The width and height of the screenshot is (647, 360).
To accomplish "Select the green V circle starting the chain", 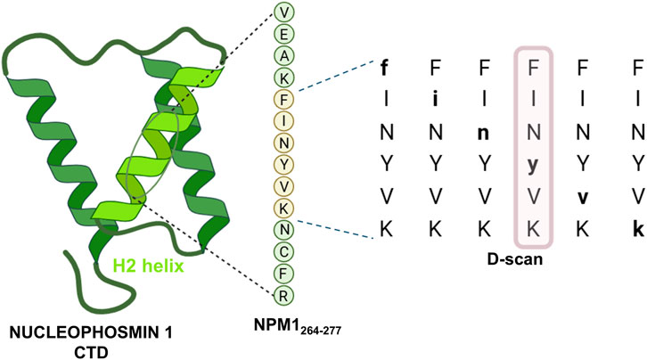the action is click(283, 12).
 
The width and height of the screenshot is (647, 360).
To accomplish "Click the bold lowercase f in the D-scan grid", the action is click(385, 66).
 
